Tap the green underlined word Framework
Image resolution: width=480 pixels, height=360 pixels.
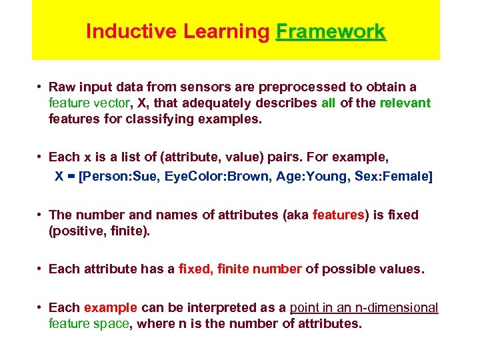[331, 31]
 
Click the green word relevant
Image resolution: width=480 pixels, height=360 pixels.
[405, 103]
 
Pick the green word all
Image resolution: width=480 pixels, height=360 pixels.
[328, 103]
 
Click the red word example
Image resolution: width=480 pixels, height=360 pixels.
[111, 307]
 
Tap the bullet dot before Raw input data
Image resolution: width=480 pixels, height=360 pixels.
[41, 87]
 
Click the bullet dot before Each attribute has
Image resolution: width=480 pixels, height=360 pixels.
[41, 269]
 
